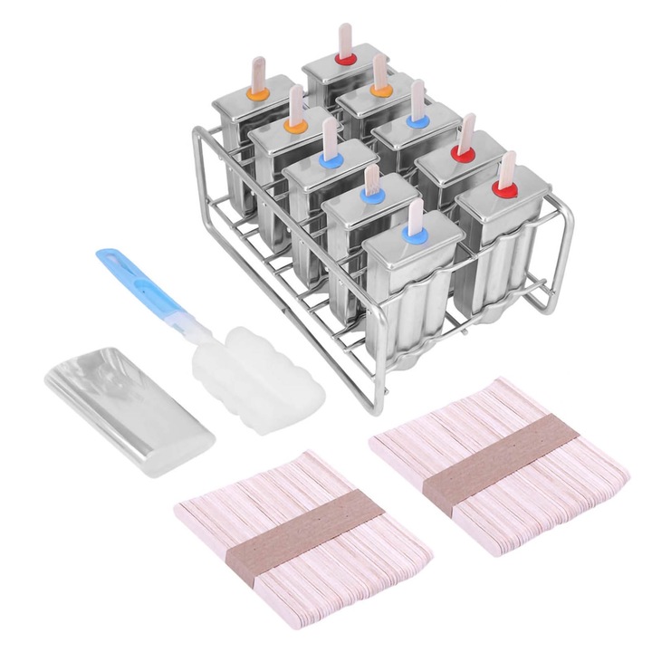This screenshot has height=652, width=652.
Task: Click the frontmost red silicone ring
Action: point(505,191)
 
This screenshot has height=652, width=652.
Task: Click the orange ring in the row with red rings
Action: point(381,90)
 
